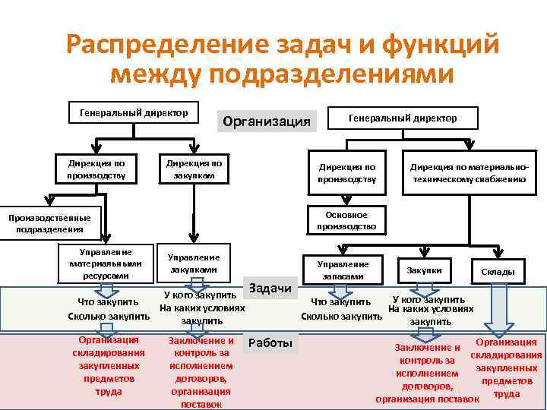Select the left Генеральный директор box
129,113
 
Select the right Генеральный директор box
402,118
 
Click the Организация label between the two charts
265,121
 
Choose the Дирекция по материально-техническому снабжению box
468,172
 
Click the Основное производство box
346,220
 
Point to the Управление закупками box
194,263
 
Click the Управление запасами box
343,270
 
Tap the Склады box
498,271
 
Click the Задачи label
270,287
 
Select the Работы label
270,343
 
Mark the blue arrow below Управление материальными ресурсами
106,290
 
